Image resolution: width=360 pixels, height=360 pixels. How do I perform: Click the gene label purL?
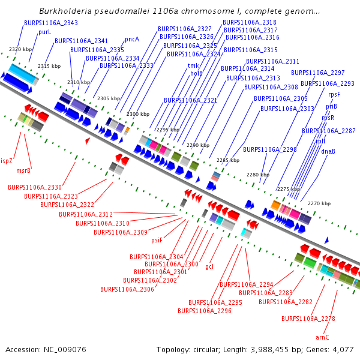(x=45, y=32)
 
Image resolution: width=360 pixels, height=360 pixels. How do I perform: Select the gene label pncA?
(x=132, y=39)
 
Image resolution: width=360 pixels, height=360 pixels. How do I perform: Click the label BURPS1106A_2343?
(x=51, y=23)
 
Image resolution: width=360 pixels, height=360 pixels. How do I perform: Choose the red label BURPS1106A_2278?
(x=308, y=319)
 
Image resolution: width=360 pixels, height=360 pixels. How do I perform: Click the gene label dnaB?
(x=328, y=151)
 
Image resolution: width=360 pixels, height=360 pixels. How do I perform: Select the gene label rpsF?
(x=334, y=94)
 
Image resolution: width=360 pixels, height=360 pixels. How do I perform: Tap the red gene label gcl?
(x=209, y=266)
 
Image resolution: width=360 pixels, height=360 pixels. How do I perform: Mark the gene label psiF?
(x=157, y=240)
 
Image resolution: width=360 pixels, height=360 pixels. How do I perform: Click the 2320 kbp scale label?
(x=20, y=49)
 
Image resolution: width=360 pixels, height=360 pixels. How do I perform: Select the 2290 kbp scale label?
(x=197, y=145)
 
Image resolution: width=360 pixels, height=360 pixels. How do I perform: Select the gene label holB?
(x=197, y=73)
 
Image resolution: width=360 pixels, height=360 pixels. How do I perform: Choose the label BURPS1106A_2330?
(x=34, y=187)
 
